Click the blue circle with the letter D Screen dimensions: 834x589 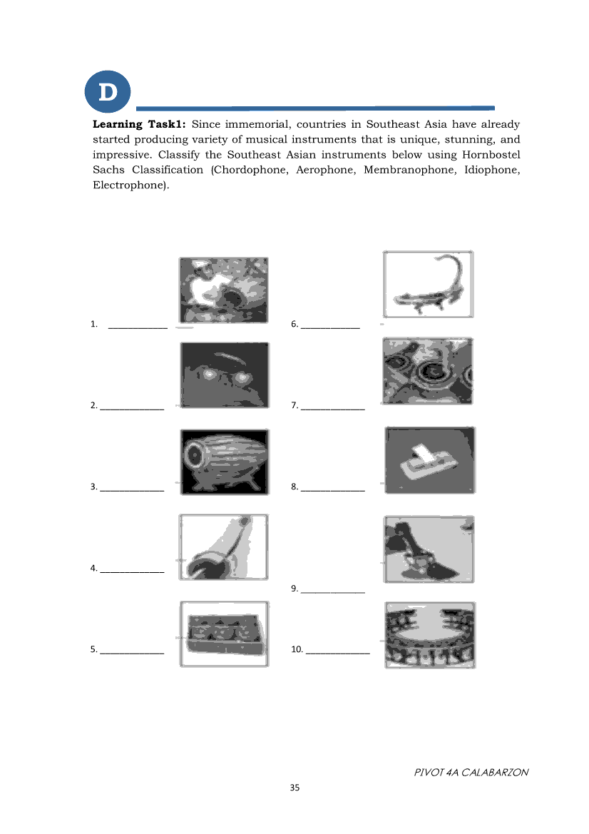pos(108,92)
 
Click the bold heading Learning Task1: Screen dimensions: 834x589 pos(139,124)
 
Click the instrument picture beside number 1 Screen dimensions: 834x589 pos(223,290)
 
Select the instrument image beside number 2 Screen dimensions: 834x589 pos(225,375)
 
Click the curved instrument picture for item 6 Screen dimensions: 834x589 pos(429,284)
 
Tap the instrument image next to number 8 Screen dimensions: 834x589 pos(429,460)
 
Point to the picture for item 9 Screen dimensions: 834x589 pos(429,549)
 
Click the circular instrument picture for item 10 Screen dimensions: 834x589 pos(429,634)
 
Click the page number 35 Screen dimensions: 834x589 pos(294,788)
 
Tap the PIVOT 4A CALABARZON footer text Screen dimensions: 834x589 pos(471,772)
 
